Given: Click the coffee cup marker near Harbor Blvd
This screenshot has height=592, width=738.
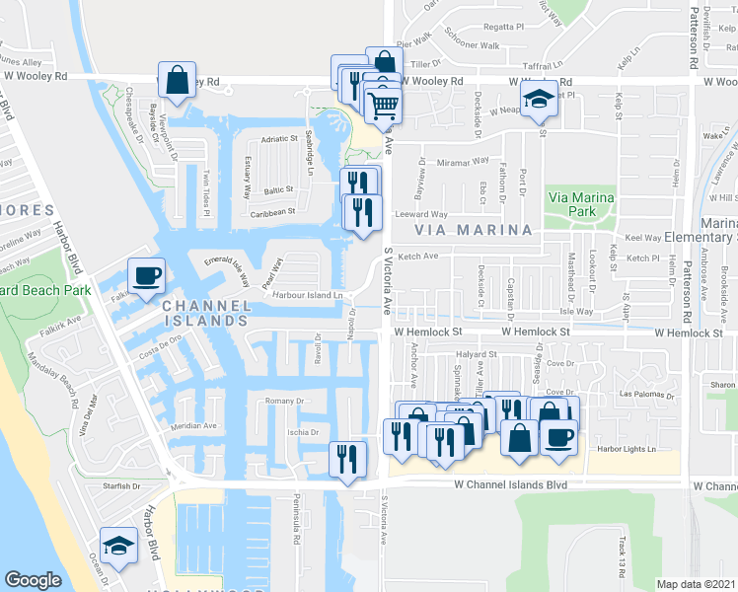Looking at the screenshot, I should click(x=147, y=276).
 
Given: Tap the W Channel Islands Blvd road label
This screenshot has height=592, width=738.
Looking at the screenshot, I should click(x=511, y=485).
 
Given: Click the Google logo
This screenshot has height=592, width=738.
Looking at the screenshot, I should click(x=33, y=580).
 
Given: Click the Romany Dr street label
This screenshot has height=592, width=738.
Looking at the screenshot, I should click(x=288, y=402).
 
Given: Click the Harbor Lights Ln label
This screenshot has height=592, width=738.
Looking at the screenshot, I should click(x=622, y=449).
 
